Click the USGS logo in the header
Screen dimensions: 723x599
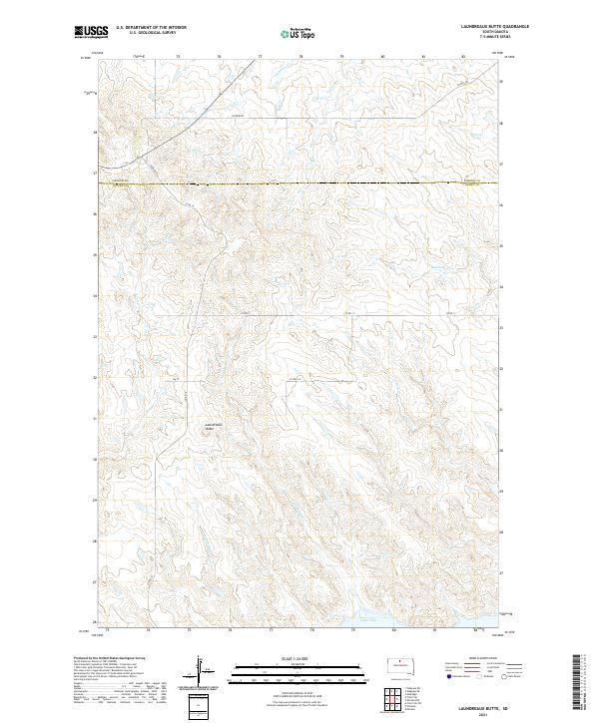[91, 33]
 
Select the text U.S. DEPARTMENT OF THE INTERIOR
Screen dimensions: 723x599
[150, 29]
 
